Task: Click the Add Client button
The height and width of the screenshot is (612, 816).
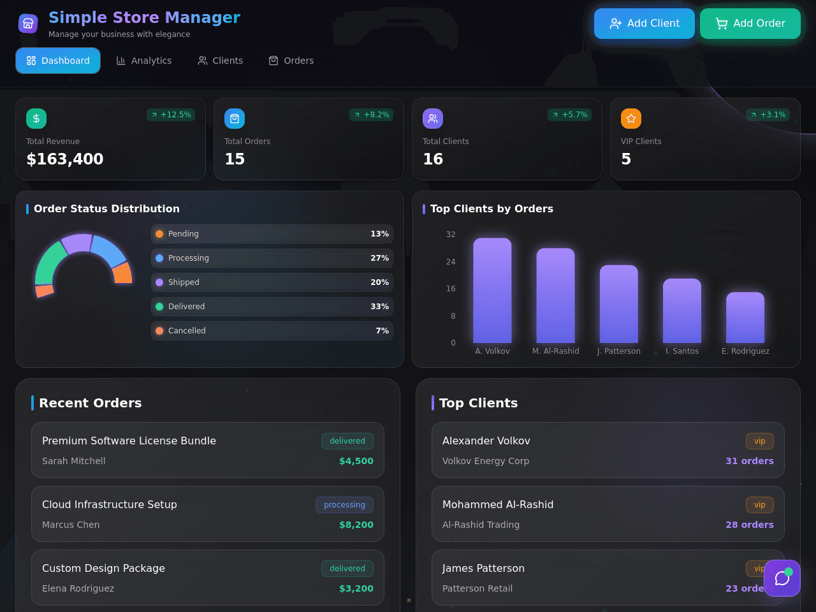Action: [x=644, y=24]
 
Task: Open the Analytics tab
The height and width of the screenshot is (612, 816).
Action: [x=144, y=61]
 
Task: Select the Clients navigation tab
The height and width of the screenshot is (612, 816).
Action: [x=220, y=61]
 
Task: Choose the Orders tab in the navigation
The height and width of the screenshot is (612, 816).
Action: [x=291, y=61]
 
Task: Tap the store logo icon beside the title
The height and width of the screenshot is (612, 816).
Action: [x=28, y=24]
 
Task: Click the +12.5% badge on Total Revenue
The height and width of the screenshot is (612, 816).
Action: [x=171, y=115]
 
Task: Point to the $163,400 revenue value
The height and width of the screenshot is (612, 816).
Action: [x=64, y=159]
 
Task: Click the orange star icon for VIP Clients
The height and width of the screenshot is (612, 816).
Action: [x=631, y=119]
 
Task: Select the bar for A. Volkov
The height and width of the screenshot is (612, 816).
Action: [x=492, y=290]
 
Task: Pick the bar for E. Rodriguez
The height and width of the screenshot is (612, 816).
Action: [x=745, y=317]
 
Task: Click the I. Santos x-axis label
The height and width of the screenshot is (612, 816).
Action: [x=681, y=351]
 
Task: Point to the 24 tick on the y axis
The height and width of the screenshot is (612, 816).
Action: [x=451, y=261]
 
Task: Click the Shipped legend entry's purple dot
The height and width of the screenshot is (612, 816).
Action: [x=159, y=282]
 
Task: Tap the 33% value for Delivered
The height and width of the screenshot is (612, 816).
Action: [x=379, y=307]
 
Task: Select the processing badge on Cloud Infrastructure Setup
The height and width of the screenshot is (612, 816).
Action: [x=345, y=505]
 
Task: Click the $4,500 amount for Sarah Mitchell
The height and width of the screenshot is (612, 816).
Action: [x=356, y=461]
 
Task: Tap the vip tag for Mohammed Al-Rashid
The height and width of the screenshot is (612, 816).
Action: [x=759, y=505]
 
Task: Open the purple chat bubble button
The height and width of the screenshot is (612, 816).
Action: [x=782, y=578]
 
